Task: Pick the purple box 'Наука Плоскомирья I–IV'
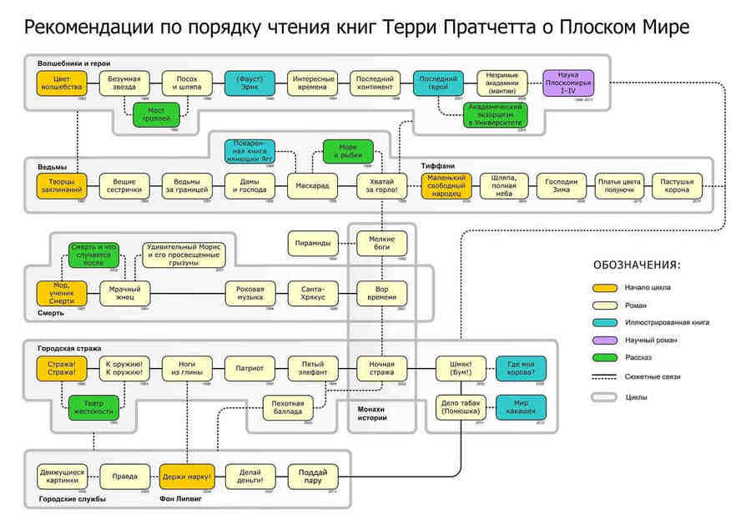568,83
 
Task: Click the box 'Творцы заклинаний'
62,186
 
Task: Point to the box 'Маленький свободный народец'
446,185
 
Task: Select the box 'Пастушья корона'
677,185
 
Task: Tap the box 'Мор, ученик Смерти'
62,293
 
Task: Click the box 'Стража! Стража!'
62,368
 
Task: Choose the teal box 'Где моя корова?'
522,368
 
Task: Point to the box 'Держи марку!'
187,477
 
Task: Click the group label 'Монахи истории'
371,412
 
